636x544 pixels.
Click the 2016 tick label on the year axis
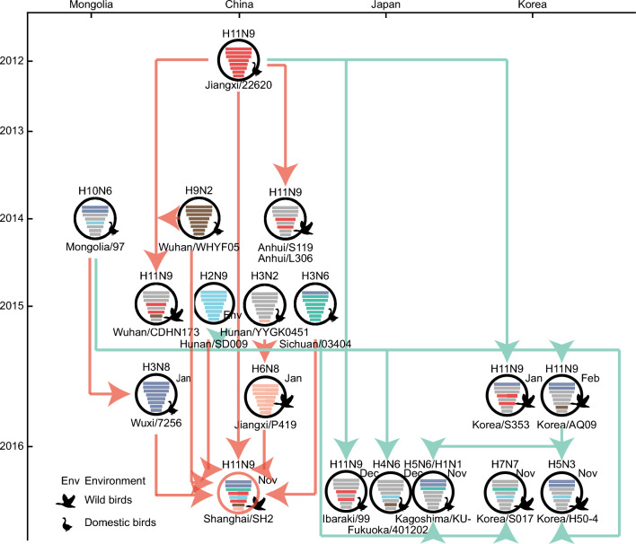pyautogui.click(x=13, y=446)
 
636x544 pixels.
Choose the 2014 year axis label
pyautogui.click(x=13, y=219)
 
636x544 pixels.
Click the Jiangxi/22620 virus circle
pyautogui.click(x=240, y=62)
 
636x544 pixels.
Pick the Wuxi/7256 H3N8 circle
pyautogui.click(x=157, y=396)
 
